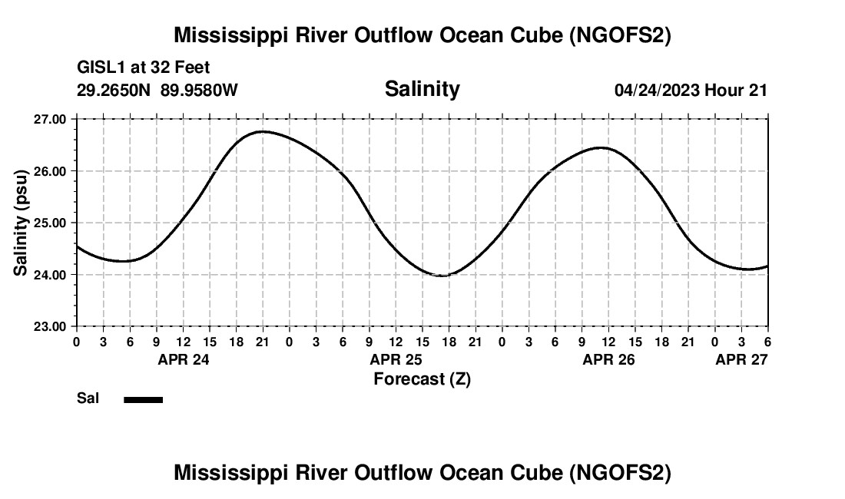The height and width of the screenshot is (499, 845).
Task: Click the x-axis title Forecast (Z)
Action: tap(422, 379)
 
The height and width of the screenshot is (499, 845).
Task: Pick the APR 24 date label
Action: tap(184, 359)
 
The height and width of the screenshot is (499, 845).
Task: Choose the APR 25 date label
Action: tap(396, 359)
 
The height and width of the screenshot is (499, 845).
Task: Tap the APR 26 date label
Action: tap(609, 359)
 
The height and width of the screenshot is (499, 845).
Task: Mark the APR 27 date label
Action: tap(741, 359)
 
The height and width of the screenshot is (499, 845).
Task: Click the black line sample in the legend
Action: tap(143, 399)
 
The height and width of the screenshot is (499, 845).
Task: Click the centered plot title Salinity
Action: tap(422, 89)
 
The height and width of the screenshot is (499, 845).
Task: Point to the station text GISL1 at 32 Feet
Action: tap(144, 68)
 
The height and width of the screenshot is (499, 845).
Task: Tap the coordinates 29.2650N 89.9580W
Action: tap(157, 91)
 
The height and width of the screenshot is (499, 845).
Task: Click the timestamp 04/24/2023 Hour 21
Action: tap(691, 91)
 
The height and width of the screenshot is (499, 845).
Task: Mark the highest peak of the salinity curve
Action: tap(263, 131)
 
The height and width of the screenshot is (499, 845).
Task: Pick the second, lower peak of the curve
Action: tap(601, 147)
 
